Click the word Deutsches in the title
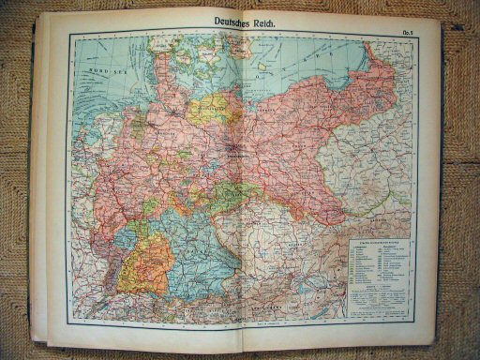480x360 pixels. (215, 22)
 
